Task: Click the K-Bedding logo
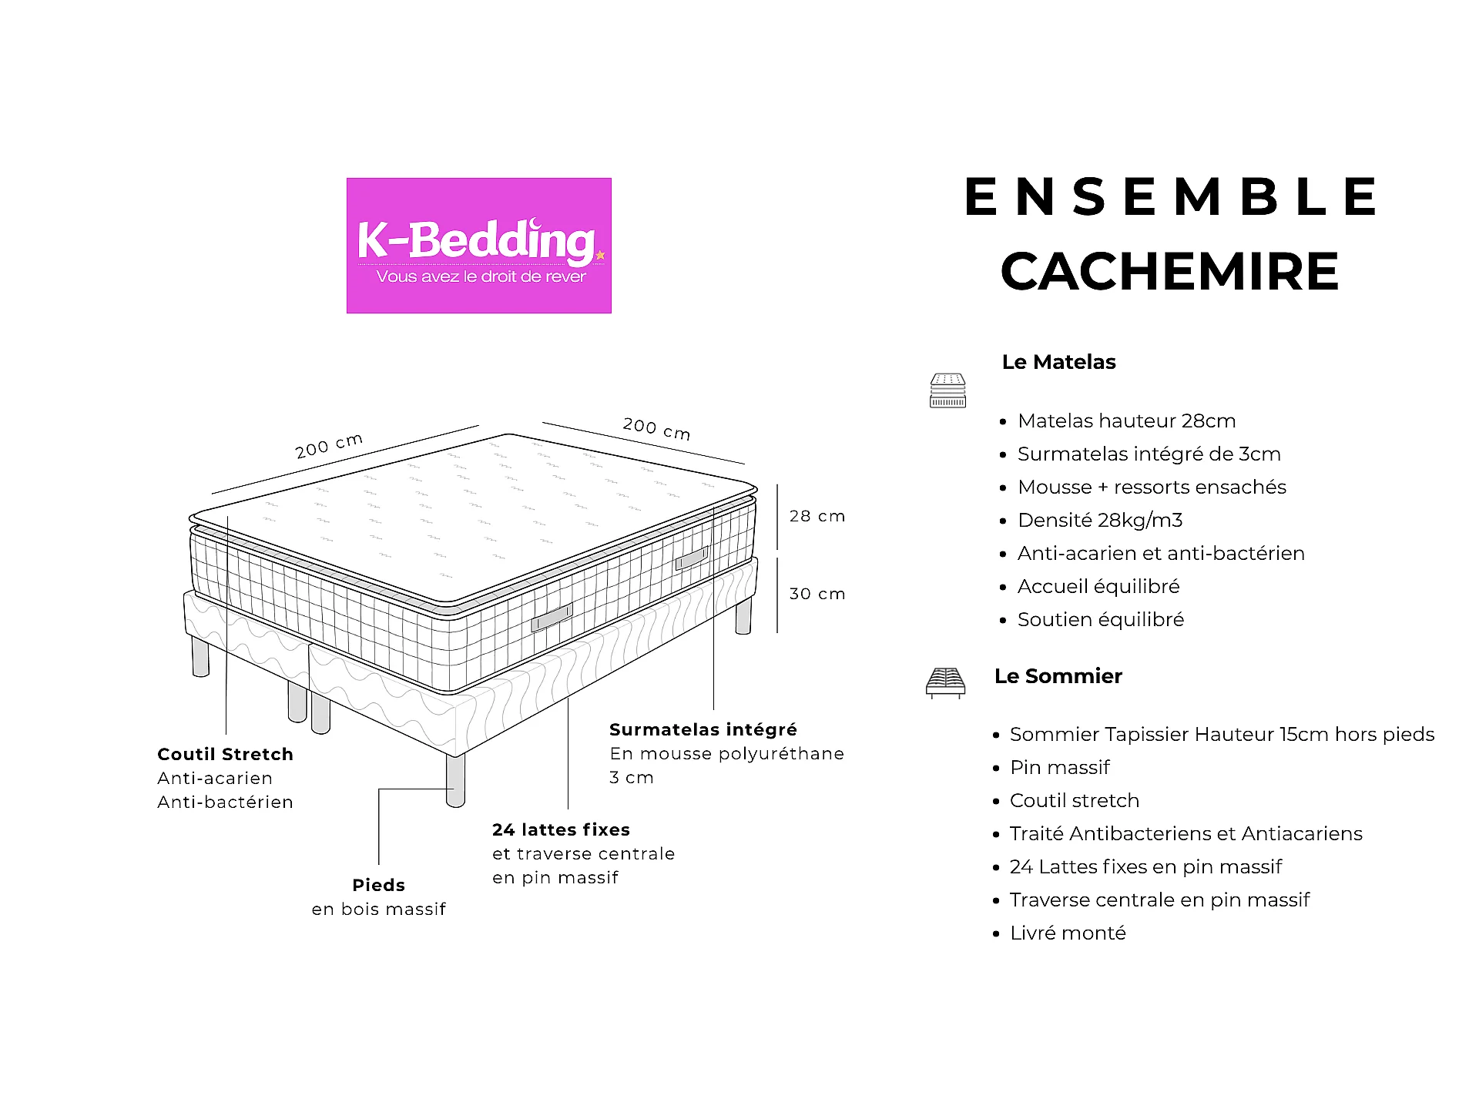coord(478,246)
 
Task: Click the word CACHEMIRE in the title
coord(1170,272)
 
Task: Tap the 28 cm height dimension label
coord(817,516)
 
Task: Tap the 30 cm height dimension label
coord(817,594)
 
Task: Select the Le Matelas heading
coord(1058,362)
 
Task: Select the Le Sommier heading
coord(1058,676)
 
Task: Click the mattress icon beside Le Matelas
coord(947,390)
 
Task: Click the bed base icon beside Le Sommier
coord(945,683)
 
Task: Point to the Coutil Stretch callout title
coord(225,754)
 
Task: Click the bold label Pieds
coord(378,885)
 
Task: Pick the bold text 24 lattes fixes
coord(561,829)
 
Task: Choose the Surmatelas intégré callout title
coord(703,729)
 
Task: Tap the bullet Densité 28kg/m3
coord(1100,521)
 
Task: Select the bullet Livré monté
coord(1068,933)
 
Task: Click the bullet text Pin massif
coord(1060,768)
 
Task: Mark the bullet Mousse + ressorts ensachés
coord(1152,487)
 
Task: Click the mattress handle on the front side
coord(552,618)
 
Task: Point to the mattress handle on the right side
coord(692,558)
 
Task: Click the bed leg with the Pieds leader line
coord(455,780)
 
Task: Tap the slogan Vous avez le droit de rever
coord(481,276)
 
